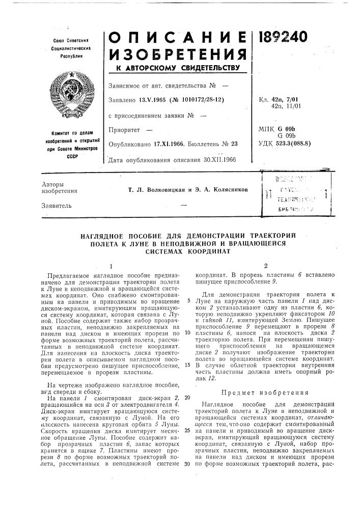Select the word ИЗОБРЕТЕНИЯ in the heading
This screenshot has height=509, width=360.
[177, 51]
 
